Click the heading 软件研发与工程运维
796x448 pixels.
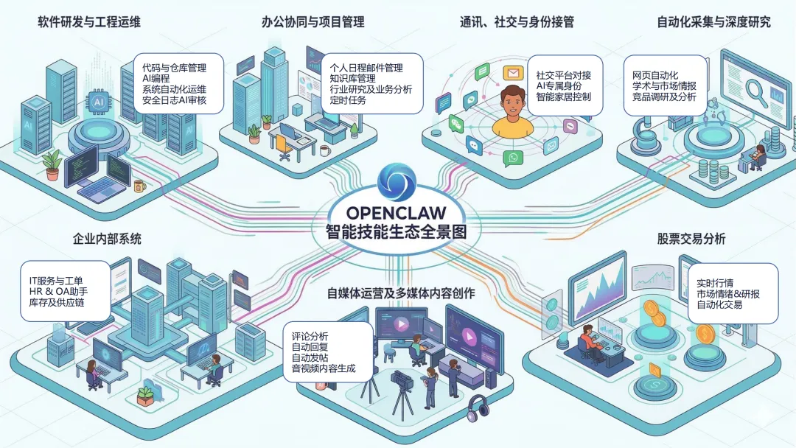(x=89, y=22)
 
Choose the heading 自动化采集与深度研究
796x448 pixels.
(x=713, y=22)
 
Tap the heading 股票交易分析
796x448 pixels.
(x=691, y=239)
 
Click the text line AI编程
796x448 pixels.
(x=156, y=78)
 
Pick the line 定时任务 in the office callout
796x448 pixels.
(x=348, y=100)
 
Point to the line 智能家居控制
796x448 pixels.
(x=563, y=97)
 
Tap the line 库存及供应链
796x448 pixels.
(x=56, y=303)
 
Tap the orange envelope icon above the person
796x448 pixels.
(x=512, y=72)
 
